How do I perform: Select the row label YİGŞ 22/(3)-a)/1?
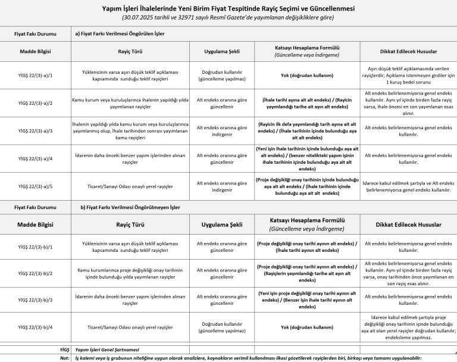tap(35, 76)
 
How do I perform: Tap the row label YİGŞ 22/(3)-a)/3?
tap(35, 130)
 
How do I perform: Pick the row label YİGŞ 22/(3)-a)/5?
tap(35, 186)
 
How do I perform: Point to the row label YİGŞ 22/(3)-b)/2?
tap(35, 273)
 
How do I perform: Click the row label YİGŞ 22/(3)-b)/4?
tap(35, 327)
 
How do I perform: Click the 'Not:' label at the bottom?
tap(64, 358)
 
